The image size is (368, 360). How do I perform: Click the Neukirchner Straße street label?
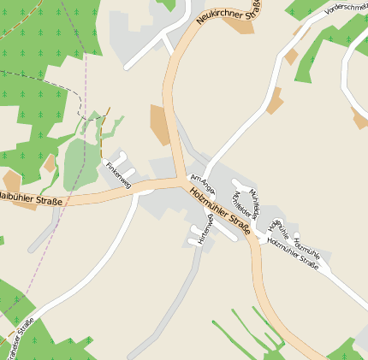[x=227, y=11]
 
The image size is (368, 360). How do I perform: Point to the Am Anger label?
[x=202, y=183]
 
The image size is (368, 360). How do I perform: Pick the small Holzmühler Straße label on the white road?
[x=293, y=254]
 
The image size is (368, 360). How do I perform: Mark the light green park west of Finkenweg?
[x=81, y=162]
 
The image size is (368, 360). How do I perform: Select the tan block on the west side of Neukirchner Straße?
[x=160, y=125]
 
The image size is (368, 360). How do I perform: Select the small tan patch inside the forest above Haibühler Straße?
[x=50, y=163]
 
